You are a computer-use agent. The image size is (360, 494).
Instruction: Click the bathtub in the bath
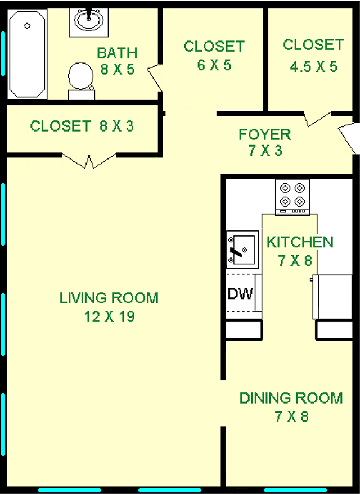click(x=27, y=54)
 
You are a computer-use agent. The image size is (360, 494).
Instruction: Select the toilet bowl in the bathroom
click(x=80, y=76)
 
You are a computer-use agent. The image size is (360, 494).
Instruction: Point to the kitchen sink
click(x=242, y=250)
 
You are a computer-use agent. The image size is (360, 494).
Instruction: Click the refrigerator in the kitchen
click(x=332, y=297)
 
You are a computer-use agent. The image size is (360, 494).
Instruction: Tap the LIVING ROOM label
click(x=109, y=298)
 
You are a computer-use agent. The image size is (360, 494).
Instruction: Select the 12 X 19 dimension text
click(x=109, y=316)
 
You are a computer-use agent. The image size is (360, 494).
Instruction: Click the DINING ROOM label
click(x=291, y=398)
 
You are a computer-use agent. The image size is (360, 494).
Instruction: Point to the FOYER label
click(x=265, y=134)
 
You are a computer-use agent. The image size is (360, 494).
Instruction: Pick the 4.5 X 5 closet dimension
click(x=314, y=67)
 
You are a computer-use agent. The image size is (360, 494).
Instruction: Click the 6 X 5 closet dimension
click(x=214, y=65)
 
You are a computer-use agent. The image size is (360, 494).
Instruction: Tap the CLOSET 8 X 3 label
click(x=82, y=126)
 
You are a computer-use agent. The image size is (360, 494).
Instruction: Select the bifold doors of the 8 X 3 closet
click(x=89, y=161)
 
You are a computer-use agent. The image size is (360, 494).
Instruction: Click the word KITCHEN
click(x=300, y=242)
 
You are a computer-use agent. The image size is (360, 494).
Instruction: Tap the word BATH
click(x=117, y=53)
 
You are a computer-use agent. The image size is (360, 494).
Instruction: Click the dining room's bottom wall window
click(x=295, y=490)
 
